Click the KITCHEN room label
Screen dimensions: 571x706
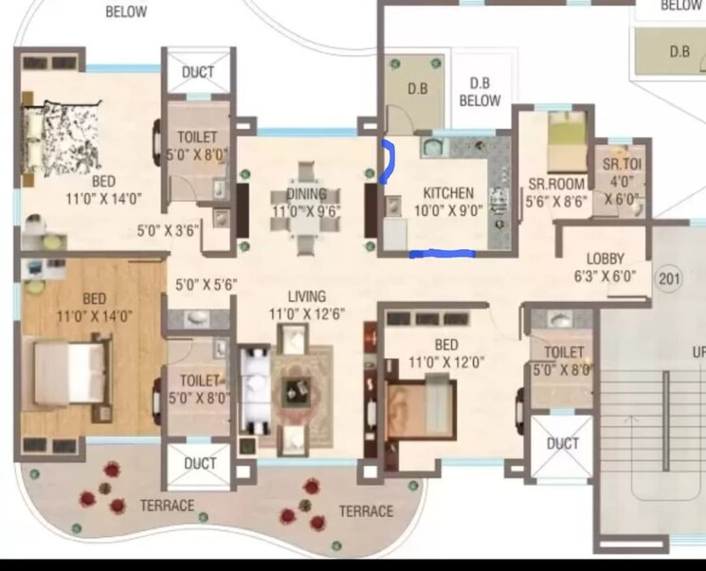448,193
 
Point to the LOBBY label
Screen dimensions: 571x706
605,259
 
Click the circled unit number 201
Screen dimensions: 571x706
670,278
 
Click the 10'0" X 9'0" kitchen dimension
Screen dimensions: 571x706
448,211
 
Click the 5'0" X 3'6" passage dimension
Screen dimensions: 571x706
168,229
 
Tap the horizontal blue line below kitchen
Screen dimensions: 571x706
442,253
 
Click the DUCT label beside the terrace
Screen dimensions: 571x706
200,464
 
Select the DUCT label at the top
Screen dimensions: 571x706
197,72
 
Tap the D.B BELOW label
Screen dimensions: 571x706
480,91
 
